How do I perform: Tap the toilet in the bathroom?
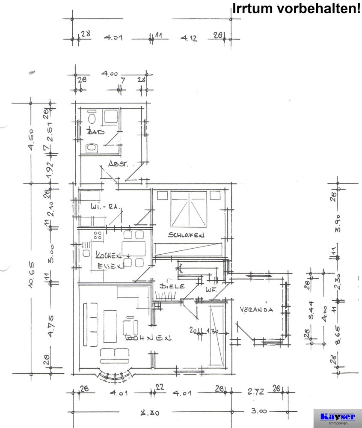(x=91, y=117)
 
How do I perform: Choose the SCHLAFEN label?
(x=186, y=235)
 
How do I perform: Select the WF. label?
(x=210, y=290)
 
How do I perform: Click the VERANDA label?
(x=256, y=309)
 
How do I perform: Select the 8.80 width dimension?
(x=150, y=413)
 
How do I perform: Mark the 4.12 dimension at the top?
(x=189, y=38)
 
